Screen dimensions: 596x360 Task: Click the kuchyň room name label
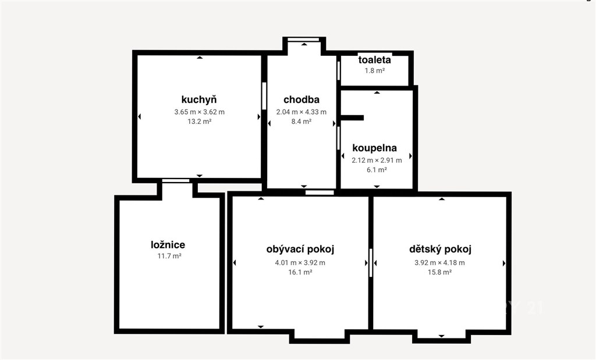[199, 100]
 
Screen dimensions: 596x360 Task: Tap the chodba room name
[301, 99]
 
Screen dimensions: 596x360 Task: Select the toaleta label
[374, 60]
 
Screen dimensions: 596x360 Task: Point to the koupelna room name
[374, 148]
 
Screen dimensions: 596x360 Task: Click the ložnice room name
[168, 245]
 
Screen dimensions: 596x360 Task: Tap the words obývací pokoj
[300, 249]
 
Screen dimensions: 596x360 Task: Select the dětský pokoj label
[440, 249]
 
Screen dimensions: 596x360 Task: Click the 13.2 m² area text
[200, 122]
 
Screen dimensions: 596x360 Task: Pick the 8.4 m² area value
[301, 122]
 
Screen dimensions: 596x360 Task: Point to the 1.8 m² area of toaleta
[375, 70]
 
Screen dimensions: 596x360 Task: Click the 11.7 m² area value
[169, 256]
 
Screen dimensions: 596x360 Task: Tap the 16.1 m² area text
[300, 272]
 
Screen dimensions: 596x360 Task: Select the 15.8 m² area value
[440, 272]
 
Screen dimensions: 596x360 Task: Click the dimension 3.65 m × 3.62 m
[200, 112]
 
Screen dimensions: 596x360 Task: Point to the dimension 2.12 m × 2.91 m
[377, 161]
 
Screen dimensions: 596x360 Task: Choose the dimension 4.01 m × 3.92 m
[300, 263]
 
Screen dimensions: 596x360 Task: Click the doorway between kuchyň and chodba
[264, 96]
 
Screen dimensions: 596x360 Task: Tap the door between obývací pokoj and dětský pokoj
[371, 263]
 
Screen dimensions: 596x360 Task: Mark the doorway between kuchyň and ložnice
[176, 181]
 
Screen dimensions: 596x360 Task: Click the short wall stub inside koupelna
[352, 117]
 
